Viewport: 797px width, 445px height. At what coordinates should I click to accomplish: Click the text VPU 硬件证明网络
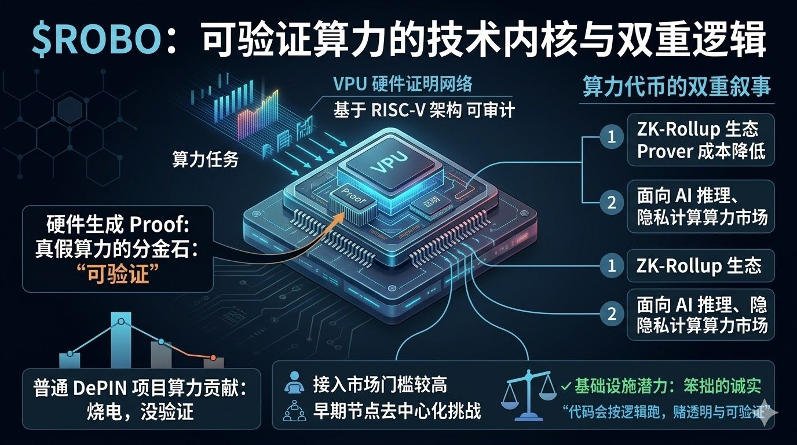403,84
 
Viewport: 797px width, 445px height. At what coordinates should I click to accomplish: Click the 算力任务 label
205,159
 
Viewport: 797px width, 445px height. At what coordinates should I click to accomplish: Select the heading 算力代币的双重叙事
677,87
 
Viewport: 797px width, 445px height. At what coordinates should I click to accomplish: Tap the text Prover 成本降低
701,151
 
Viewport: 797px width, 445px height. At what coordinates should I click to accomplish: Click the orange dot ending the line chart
213,358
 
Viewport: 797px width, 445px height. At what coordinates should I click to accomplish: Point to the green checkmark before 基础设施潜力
566,385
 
